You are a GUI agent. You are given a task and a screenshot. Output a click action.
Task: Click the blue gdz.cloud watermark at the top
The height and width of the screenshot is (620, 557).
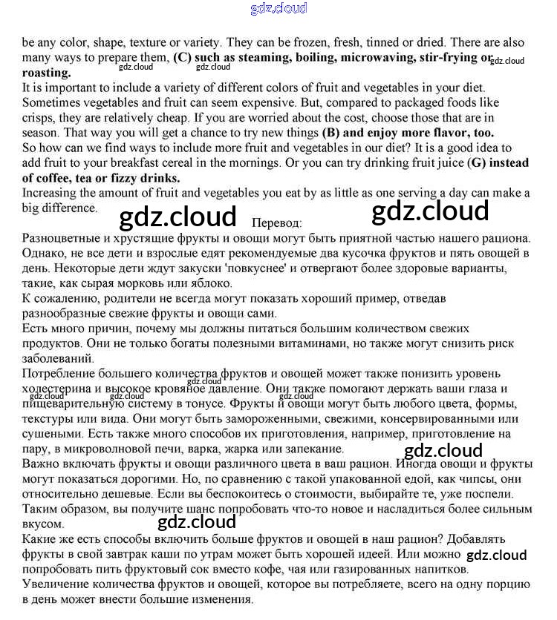click(278, 9)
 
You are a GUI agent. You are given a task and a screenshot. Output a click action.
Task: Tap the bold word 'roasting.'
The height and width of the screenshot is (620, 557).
click(47, 73)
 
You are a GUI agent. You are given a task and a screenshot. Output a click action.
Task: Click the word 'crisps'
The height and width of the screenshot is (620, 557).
click(39, 118)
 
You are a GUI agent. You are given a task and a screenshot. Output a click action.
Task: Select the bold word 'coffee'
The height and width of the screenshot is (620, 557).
click(57, 178)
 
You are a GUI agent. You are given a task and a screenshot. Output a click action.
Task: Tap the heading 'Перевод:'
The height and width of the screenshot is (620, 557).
click(277, 222)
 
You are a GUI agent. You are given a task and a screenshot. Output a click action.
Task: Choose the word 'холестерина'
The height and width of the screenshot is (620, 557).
click(59, 388)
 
